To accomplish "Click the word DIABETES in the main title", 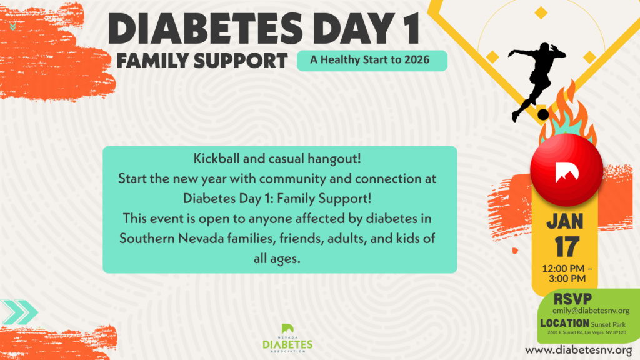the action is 205,29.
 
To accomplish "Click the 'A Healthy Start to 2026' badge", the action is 372,61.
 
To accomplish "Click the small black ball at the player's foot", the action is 543,115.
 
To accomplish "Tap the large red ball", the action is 566,169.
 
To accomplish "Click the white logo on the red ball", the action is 566,171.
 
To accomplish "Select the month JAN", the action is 565,221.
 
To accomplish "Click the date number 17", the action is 567,246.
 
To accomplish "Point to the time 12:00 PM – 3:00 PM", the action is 567,274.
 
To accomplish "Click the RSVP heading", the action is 572,299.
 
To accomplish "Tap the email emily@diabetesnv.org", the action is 591,311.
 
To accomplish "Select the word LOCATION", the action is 564,323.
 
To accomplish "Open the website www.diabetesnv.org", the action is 579,350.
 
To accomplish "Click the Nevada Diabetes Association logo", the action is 287,338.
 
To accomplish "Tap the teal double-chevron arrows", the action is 19,312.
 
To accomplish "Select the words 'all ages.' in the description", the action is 277,258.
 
